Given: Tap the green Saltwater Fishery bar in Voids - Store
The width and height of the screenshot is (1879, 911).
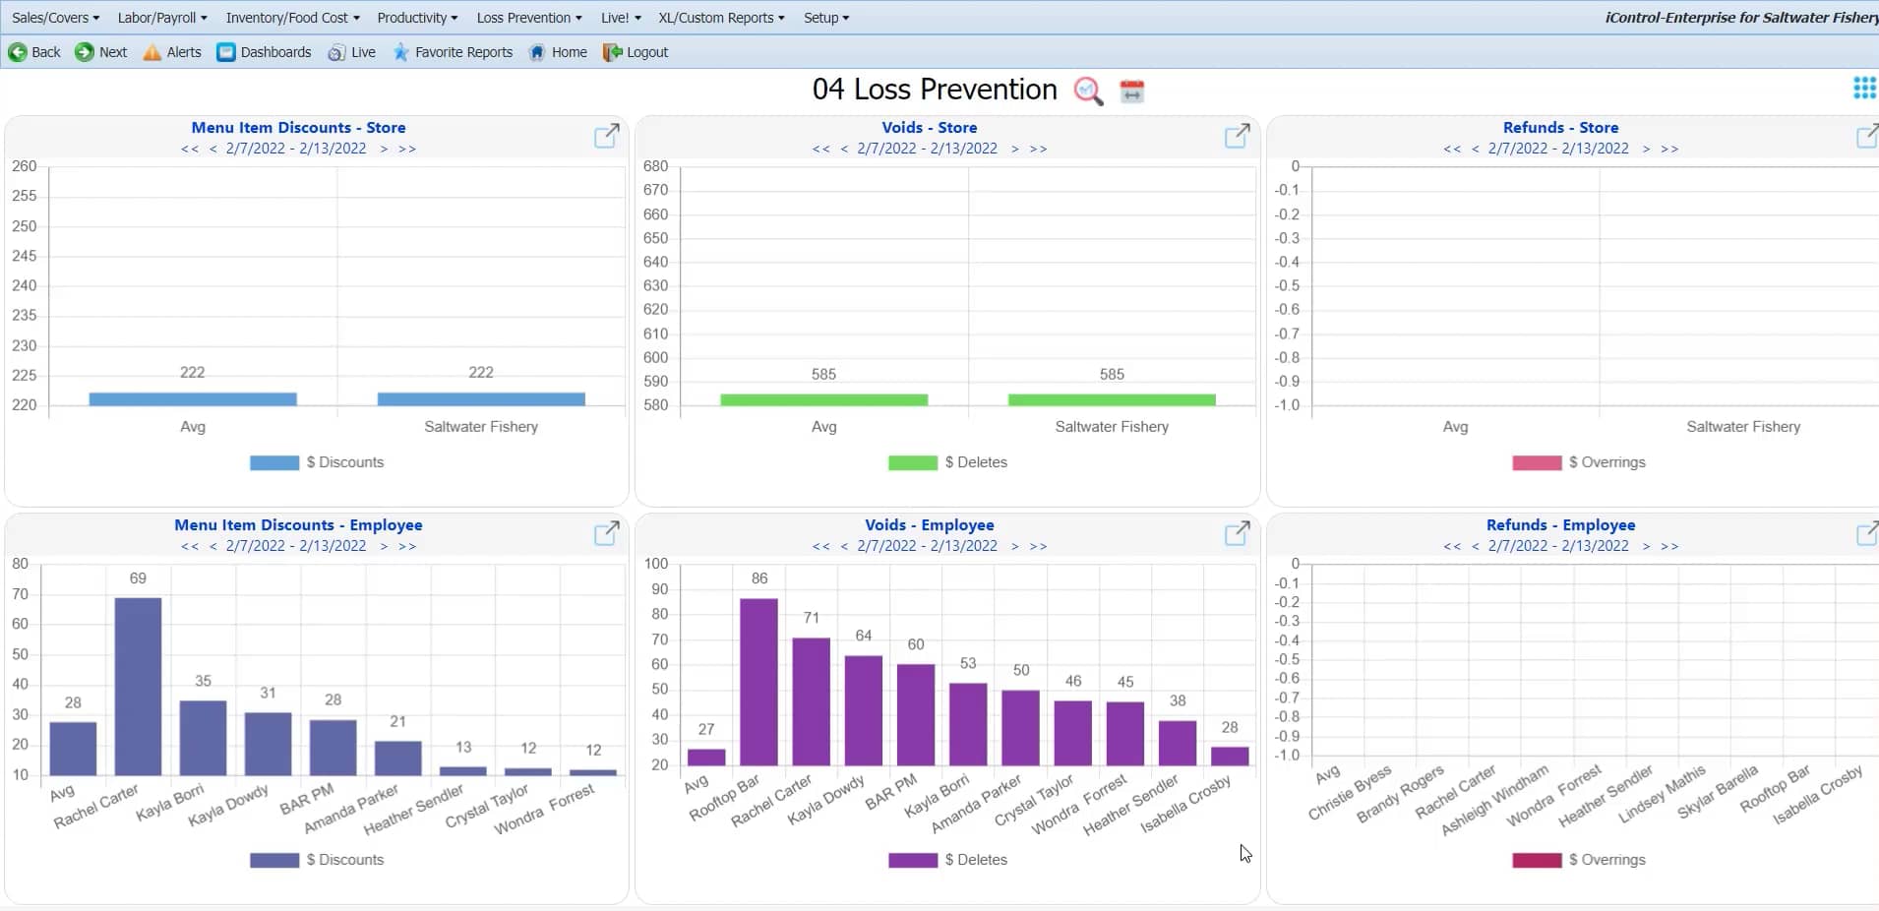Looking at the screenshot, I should click(1112, 399).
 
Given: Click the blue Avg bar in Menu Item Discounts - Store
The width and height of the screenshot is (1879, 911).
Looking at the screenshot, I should click(193, 398).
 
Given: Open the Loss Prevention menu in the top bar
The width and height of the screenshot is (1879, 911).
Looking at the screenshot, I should click(528, 18).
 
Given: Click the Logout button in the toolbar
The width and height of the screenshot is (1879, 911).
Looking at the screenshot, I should click(636, 52).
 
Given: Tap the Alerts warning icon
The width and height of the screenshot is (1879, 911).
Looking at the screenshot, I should click(152, 52).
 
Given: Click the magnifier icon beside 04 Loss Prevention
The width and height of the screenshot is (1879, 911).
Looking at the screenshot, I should click(1088, 91).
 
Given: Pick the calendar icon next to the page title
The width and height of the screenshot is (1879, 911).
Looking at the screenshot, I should click(1132, 91).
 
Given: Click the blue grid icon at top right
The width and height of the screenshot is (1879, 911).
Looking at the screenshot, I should click(1864, 89).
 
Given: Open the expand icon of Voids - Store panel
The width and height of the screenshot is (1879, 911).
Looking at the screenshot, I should click(1237, 137).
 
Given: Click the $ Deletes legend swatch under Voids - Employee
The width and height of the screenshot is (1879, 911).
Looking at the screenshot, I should click(912, 860).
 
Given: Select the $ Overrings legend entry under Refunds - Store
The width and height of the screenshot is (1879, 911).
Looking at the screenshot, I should click(1580, 462).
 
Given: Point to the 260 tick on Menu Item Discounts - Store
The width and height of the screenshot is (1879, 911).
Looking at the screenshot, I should click(25, 166).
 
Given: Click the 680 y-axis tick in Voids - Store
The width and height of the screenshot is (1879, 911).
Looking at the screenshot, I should click(656, 166).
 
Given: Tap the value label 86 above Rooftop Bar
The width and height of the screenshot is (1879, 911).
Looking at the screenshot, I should click(759, 578).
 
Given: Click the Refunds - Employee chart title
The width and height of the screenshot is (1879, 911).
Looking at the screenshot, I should click(1560, 525).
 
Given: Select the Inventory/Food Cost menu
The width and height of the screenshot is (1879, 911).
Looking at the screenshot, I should click(292, 18).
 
